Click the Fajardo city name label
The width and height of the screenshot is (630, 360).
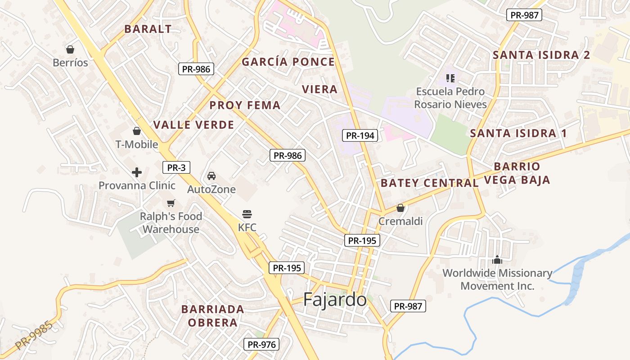(x=335, y=300)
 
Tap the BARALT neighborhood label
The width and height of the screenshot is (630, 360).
(x=148, y=29)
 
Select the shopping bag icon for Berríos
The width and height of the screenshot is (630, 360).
(x=70, y=49)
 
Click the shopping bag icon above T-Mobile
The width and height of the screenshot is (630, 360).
(x=137, y=131)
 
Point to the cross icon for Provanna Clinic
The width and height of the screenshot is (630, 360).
(x=137, y=172)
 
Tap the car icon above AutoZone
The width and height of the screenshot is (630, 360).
(x=211, y=176)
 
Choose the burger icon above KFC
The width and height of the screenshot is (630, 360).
(x=247, y=214)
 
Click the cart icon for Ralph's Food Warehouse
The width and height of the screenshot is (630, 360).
(x=171, y=203)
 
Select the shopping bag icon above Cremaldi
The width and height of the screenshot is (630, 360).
(x=400, y=208)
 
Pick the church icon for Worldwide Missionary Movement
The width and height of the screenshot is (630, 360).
(x=497, y=260)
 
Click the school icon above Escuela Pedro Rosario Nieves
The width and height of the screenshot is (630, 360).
(x=450, y=78)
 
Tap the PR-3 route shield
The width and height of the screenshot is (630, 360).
(x=176, y=168)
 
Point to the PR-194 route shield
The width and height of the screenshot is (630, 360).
(x=360, y=135)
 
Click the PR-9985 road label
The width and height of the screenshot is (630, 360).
(x=34, y=335)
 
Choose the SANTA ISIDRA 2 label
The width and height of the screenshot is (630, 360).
(x=541, y=55)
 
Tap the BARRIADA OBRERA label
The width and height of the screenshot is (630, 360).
(x=213, y=316)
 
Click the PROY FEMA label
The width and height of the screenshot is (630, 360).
(x=245, y=105)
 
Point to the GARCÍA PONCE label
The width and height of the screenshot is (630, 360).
(x=288, y=62)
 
